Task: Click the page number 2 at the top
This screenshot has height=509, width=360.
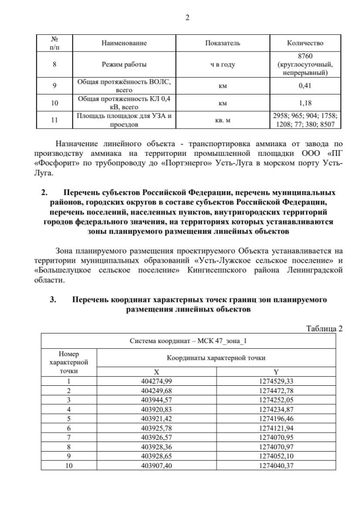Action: click(x=187, y=17)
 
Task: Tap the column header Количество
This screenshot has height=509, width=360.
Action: click(x=304, y=43)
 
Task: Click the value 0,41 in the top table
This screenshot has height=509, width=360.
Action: click(x=304, y=86)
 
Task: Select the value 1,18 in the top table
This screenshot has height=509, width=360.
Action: click(x=304, y=103)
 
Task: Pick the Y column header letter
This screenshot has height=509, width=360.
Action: click(x=276, y=372)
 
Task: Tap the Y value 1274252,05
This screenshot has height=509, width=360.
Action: click(x=276, y=399)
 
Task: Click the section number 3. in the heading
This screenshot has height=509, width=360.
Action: click(x=53, y=300)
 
